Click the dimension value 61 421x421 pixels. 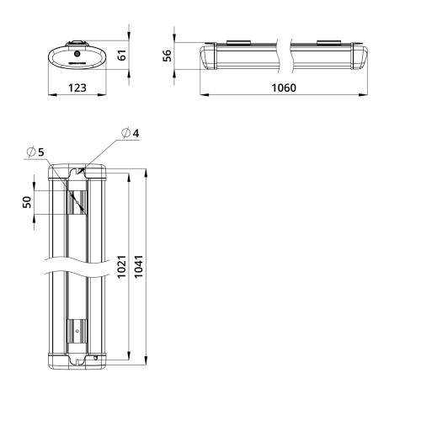[122, 56]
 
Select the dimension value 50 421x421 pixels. [26, 202]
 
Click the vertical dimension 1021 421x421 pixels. [122, 267]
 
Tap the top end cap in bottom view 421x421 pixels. [77, 173]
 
